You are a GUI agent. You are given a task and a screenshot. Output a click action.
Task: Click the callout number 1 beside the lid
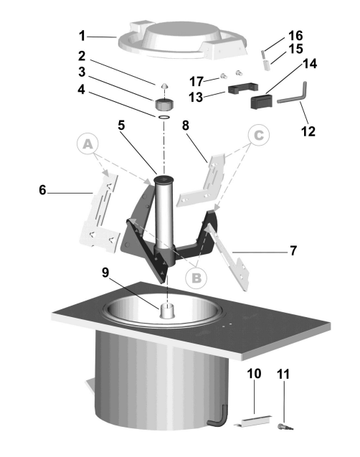click(82, 36)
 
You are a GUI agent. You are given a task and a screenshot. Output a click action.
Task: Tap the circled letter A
click(87, 144)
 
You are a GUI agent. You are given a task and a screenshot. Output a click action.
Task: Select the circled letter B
click(196, 278)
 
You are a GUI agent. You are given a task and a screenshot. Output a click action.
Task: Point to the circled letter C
click(259, 135)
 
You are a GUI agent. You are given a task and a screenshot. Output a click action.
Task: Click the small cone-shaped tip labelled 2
click(164, 86)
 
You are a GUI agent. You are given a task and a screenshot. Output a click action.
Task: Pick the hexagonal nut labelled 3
click(164, 104)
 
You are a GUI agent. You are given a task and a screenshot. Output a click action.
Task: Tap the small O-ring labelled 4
click(164, 117)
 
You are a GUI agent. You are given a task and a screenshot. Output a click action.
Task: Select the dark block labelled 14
click(261, 101)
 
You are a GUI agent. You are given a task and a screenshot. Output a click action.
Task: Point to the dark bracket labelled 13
click(243, 89)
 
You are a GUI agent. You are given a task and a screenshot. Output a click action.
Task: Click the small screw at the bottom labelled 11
click(285, 427)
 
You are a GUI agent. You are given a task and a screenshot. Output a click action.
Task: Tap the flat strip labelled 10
click(253, 420)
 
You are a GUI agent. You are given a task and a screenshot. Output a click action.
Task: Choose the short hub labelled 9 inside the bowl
click(167, 311)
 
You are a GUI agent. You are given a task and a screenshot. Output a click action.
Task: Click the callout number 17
click(196, 81)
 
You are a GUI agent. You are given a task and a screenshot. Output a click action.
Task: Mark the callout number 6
click(42, 190)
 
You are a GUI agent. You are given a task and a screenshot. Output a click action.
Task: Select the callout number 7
click(293, 250)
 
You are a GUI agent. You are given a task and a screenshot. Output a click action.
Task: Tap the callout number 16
click(295, 36)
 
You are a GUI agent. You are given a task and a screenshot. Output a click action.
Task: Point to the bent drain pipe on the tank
click(217, 415)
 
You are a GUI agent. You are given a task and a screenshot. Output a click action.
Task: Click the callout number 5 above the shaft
click(121, 126)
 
